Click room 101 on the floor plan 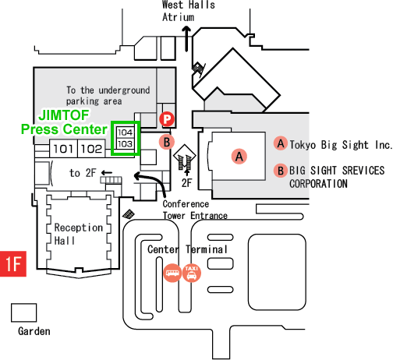click(x=63, y=149)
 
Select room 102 click(x=91, y=149)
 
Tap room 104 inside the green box click(x=126, y=132)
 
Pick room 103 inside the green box click(x=126, y=143)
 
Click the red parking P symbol click(x=167, y=119)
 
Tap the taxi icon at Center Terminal click(x=192, y=273)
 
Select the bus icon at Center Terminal click(x=172, y=273)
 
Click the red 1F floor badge click(x=13, y=263)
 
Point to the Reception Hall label click(x=78, y=234)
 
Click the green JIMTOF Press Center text click(x=64, y=122)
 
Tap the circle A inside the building click(x=239, y=157)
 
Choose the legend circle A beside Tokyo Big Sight click(x=281, y=143)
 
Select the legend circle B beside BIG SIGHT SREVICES click(x=281, y=171)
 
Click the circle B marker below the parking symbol click(x=167, y=142)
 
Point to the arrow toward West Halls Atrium click(x=186, y=38)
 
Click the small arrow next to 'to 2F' click(x=107, y=172)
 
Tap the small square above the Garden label click(x=24, y=312)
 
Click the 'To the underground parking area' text click(x=108, y=96)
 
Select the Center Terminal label click(x=187, y=249)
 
